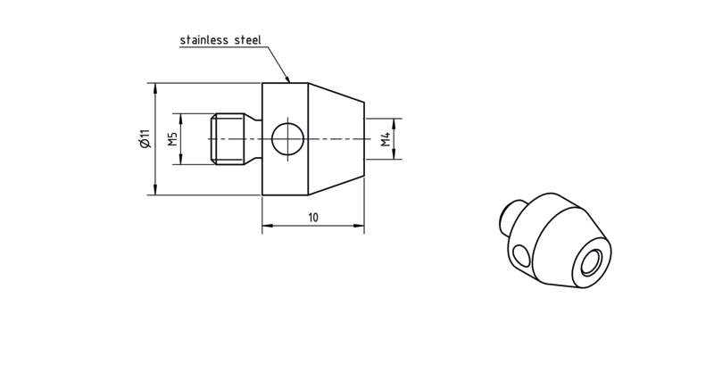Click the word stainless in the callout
(204, 40)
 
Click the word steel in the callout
(248, 40)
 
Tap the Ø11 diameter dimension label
(145, 139)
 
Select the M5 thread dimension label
(172, 139)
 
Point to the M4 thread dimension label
(386, 139)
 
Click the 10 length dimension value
(313, 218)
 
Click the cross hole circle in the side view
(287, 139)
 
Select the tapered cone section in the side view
(336, 139)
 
